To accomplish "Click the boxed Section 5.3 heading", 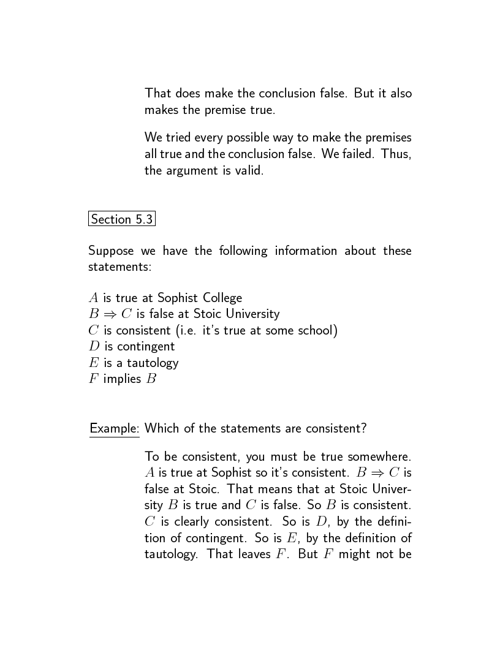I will [x=122, y=219].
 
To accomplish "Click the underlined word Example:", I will [x=115, y=428].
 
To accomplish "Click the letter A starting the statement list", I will [x=94, y=298].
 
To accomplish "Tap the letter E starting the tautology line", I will [x=94, y=363].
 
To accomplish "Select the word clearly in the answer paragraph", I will [x=181, y=522].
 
